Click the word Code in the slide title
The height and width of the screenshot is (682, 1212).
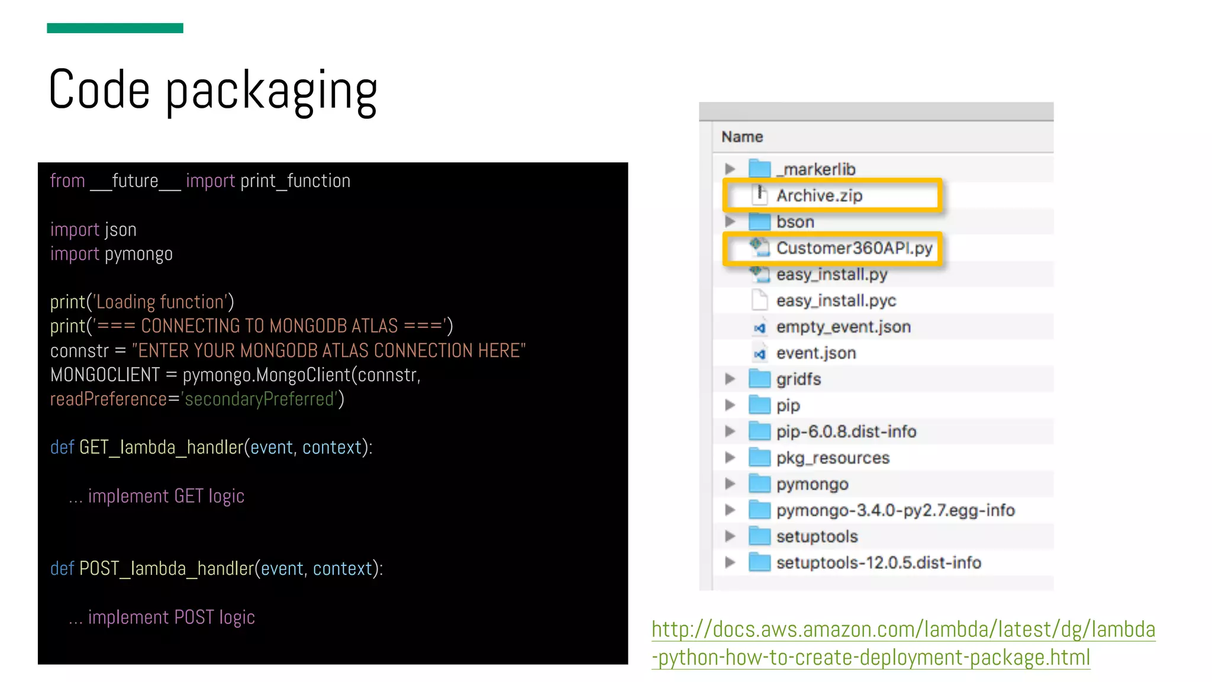[x=99, y=90]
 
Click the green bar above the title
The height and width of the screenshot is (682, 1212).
[x=115, y=28]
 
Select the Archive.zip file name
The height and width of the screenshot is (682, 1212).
[x=819, y=195]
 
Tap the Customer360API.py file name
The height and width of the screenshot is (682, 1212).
[x=854, y=248]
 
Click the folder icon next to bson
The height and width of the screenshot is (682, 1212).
[x=759, y=222]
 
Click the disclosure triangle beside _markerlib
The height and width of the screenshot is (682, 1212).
[x=730, y=169]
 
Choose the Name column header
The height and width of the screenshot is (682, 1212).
[x=742, y=137]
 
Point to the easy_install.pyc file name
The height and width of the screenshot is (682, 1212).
[x=836, y=301]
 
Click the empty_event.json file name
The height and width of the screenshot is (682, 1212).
[x=843, y=327]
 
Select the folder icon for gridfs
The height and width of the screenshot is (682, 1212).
[x=759, y=379]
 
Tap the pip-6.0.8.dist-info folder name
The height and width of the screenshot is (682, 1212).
[x=846, y=432]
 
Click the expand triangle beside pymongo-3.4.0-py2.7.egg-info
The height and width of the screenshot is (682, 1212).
[x=730, y=510]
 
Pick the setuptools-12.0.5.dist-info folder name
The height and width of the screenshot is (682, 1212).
[x=878, y=562]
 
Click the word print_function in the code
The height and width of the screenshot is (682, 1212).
[x=295, y=181]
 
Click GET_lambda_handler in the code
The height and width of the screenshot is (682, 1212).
[x=161, y=448]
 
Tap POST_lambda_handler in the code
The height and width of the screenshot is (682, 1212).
[x=166, y=569]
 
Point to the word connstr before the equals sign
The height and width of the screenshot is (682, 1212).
[x=79, y=351]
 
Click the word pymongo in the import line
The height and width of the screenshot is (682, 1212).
[x=138, y=254]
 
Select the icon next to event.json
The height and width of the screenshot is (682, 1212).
[x=759, y=353]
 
